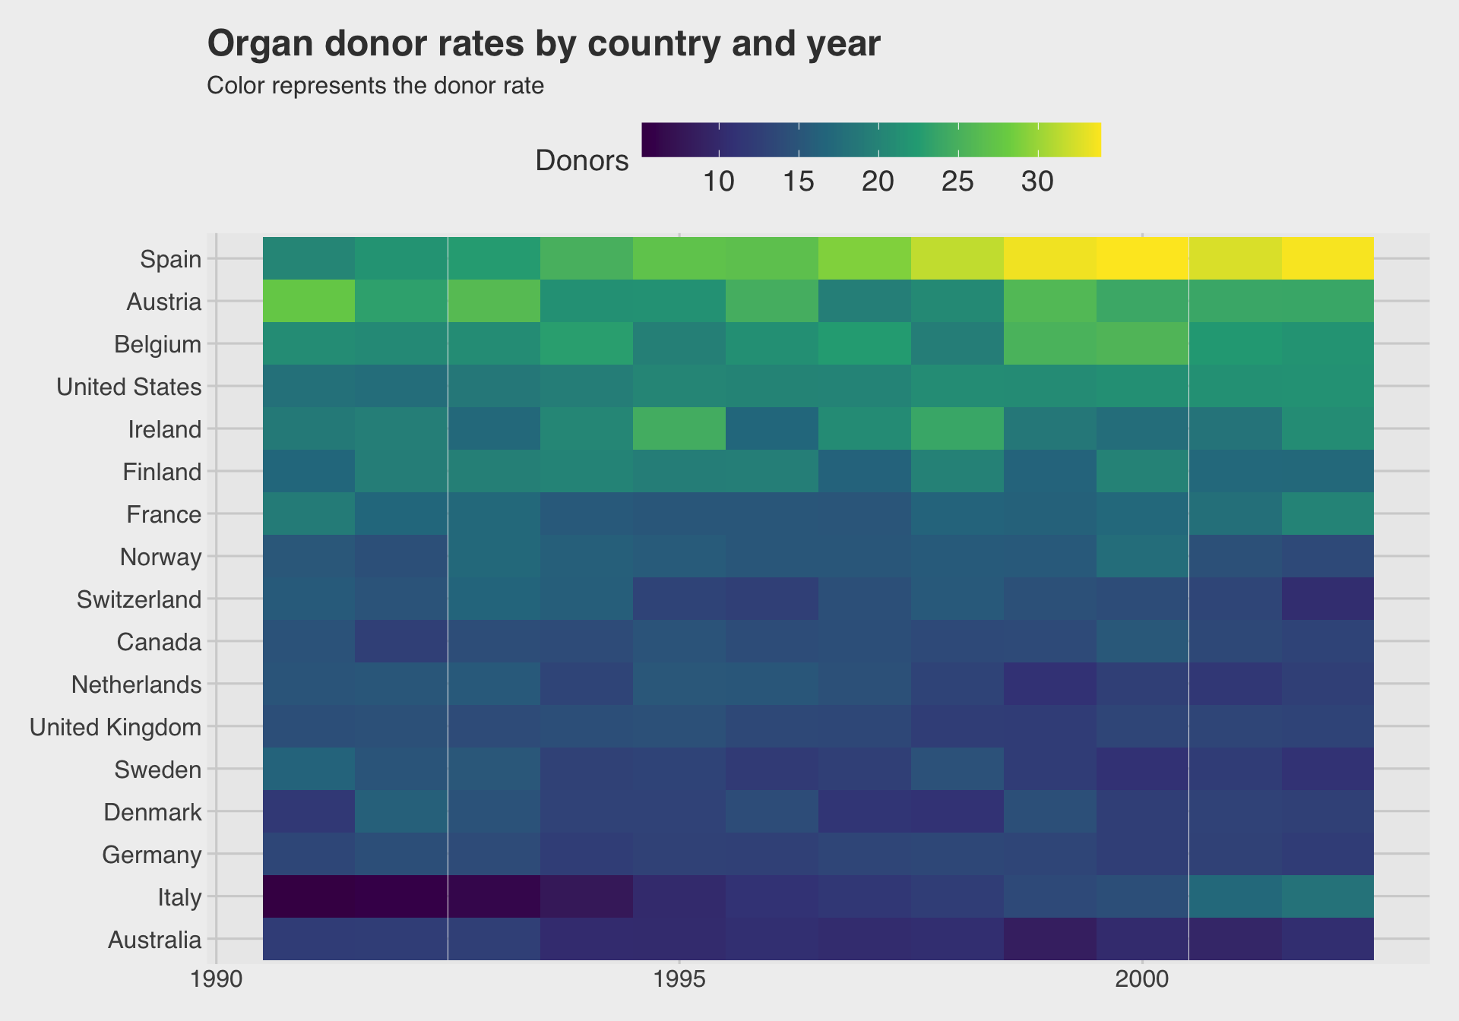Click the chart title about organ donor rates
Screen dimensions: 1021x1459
tap(543, 44)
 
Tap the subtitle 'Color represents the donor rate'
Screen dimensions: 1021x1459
tap(375, 86)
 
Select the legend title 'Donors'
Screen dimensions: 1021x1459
tap(582, 161)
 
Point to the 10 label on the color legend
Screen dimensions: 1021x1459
tap(718, 182)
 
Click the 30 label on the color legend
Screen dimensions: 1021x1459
tap(1037, 182)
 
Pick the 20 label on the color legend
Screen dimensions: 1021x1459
tap(878, 182)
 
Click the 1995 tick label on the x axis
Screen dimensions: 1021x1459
tap(679, 994)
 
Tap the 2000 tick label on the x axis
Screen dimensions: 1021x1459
tap(1142, 994)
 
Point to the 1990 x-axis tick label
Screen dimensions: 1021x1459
tap(217, 994)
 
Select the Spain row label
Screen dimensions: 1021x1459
tap(171, 260)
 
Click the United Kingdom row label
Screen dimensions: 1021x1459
tap(116, 728)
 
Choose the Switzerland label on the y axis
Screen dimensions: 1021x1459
tap(139, 600)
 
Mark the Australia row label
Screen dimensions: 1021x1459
tap(155, 940)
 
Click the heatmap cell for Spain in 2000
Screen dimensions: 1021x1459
tap(1142, 258)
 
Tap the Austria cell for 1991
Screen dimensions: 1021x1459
tap(309, 301)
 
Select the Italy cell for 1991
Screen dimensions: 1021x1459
tap(309, 896)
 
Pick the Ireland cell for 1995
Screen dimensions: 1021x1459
tap(679, 428)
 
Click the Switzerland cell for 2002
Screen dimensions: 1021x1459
tap(1327, 599)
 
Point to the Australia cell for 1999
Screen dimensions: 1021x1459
tap(1049, 939)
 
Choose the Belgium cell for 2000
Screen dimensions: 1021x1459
tap(1142, 343)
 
